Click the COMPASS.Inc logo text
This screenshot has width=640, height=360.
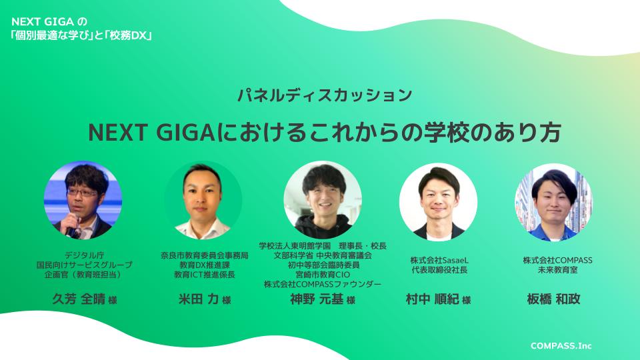click(561, 346)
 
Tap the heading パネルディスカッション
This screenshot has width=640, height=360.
click(325, 95)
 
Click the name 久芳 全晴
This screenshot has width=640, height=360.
click(79, 299)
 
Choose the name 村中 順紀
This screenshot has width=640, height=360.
click(432, 299)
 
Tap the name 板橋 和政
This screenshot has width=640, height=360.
click(553, 299)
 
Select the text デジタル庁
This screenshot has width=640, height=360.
click(84, 255)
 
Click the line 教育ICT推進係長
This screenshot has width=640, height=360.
click(205, 275)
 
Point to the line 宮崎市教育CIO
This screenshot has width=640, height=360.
click(323, 275)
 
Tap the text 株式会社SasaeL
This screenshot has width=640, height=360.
click(439, 260)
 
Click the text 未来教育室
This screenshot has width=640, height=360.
click(557, 270)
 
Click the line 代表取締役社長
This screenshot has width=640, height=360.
click(439, 270)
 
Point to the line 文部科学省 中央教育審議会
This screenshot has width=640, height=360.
click(323, 255)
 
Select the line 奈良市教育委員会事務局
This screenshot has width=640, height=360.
click(205, 255)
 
